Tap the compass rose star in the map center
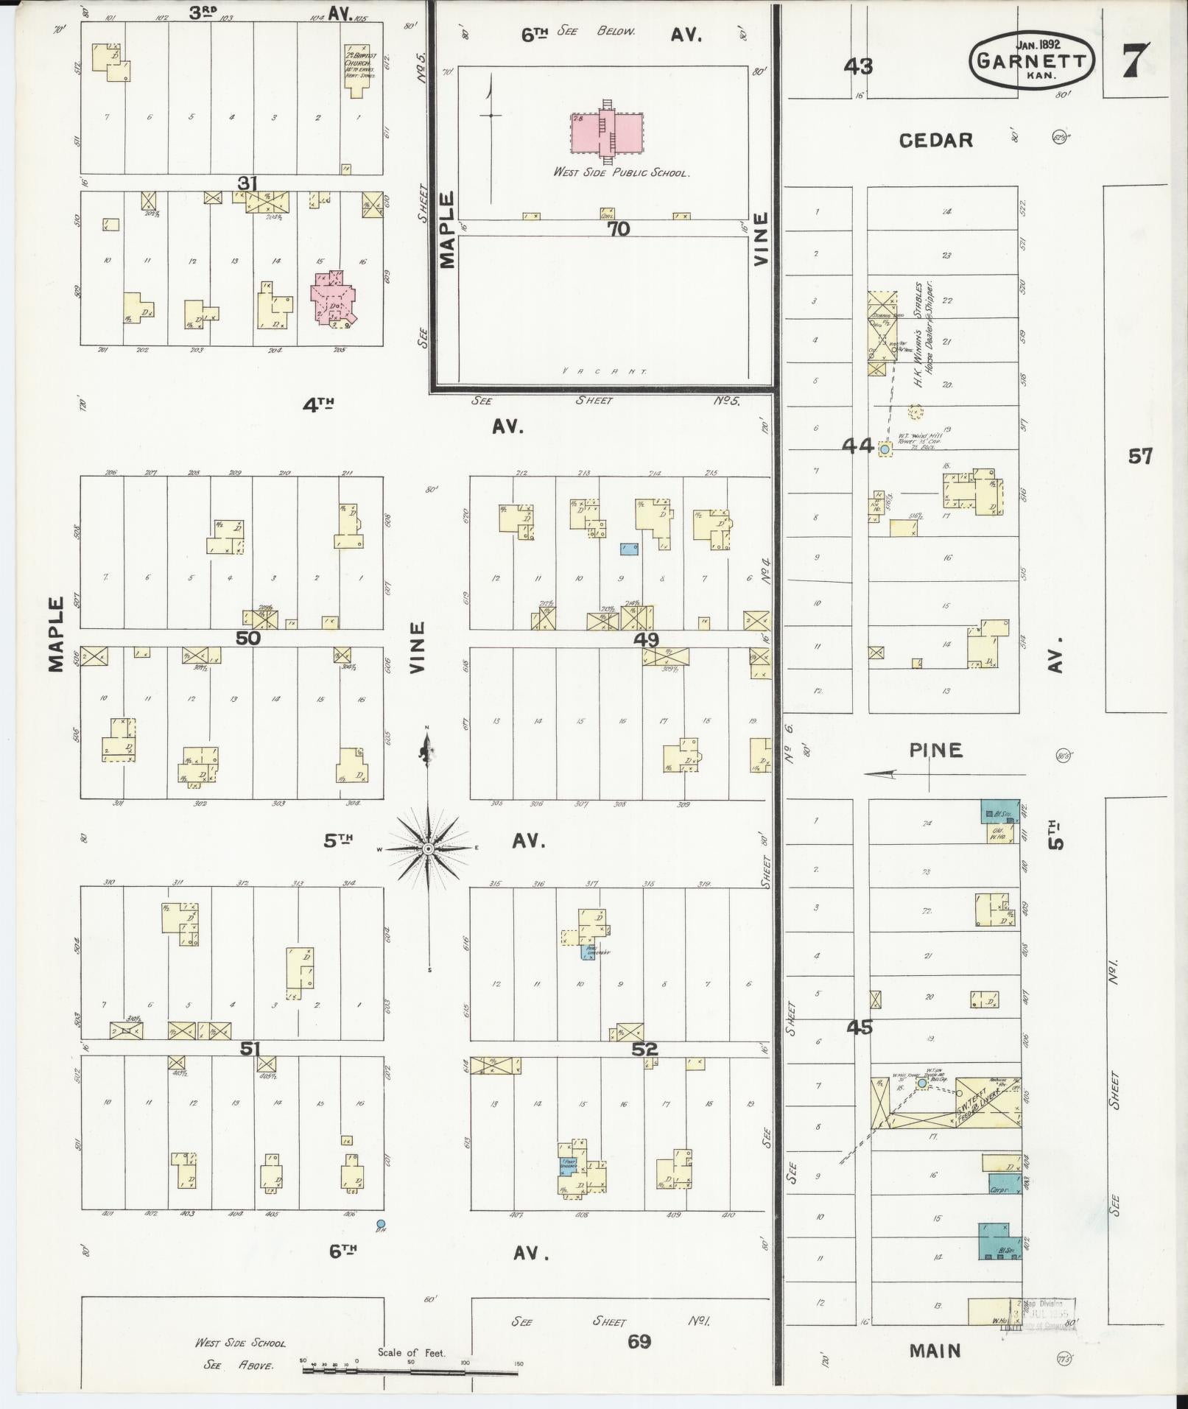point(427,849)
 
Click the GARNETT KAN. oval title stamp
point(1031,60)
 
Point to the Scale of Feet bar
point(410,1370)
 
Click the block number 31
point(247,183)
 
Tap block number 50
point(247,638)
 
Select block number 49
point(646,639)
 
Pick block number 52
point(644,1049)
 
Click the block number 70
point(619,229)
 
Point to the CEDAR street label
point(935,140)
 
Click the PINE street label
point(935,750)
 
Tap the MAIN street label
point(935,1351)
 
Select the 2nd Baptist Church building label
point(359,63)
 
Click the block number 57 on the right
point(1139,457)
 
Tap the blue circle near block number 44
point(885,448)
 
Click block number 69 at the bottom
point(639,1341)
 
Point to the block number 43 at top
point(858,67)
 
